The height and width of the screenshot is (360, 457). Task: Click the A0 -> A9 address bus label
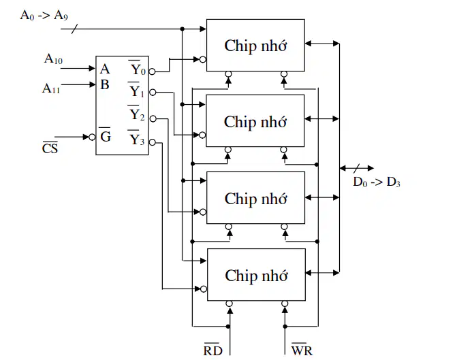coord(44,15)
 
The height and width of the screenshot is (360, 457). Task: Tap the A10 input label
coord(53,59)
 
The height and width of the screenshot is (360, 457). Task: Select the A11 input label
coord(51,88)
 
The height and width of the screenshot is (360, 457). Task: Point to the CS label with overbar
coord(50,148)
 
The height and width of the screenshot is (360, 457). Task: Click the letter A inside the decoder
coord(105,69)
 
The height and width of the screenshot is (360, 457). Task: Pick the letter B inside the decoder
coord(105,85)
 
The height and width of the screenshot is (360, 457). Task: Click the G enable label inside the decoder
coord(105,135)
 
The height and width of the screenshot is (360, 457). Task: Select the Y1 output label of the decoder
coord(136,90)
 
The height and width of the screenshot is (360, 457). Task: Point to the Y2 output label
coord(136,113)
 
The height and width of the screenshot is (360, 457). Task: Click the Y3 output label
coord(136,137)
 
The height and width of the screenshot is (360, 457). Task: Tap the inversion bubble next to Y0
coord(152,71)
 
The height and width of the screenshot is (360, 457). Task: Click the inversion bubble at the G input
coord(92,137)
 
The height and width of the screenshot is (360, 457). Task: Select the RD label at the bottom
coord(213,350)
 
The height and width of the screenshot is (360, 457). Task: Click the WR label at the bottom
coord(302,350)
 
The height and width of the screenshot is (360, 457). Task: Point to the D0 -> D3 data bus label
coord(377,182)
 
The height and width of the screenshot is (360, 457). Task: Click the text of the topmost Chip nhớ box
coord(255,46)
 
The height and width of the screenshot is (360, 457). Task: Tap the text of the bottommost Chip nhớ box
coord(256,276)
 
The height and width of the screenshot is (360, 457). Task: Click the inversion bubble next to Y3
coord(152,142)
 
